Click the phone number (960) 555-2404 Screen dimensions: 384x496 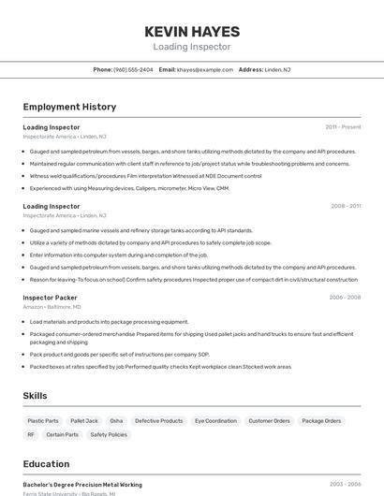click(133, 69)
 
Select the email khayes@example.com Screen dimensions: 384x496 click(205, 69)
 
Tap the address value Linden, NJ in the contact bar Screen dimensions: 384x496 click(277, 69)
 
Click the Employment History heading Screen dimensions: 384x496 click(69, 107)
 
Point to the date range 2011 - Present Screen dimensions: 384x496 click(343, 126)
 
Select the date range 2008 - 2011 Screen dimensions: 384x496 click(346, 206)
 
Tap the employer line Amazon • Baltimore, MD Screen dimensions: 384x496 click(52, 307)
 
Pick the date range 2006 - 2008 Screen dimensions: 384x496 click(345, 298)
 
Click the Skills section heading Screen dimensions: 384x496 click(35, 396)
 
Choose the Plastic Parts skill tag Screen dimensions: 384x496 click(43, 421)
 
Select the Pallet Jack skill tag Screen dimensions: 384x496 click(84, 421)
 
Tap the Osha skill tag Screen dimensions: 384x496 click(116, 421)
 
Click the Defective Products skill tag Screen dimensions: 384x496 click(159, 421)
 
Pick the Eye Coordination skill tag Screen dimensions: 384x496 click(215, 421)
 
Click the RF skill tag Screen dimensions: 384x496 click(31, 434)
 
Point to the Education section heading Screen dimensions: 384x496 click(46, 463)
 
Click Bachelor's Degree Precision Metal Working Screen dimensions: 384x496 click(82, 485)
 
